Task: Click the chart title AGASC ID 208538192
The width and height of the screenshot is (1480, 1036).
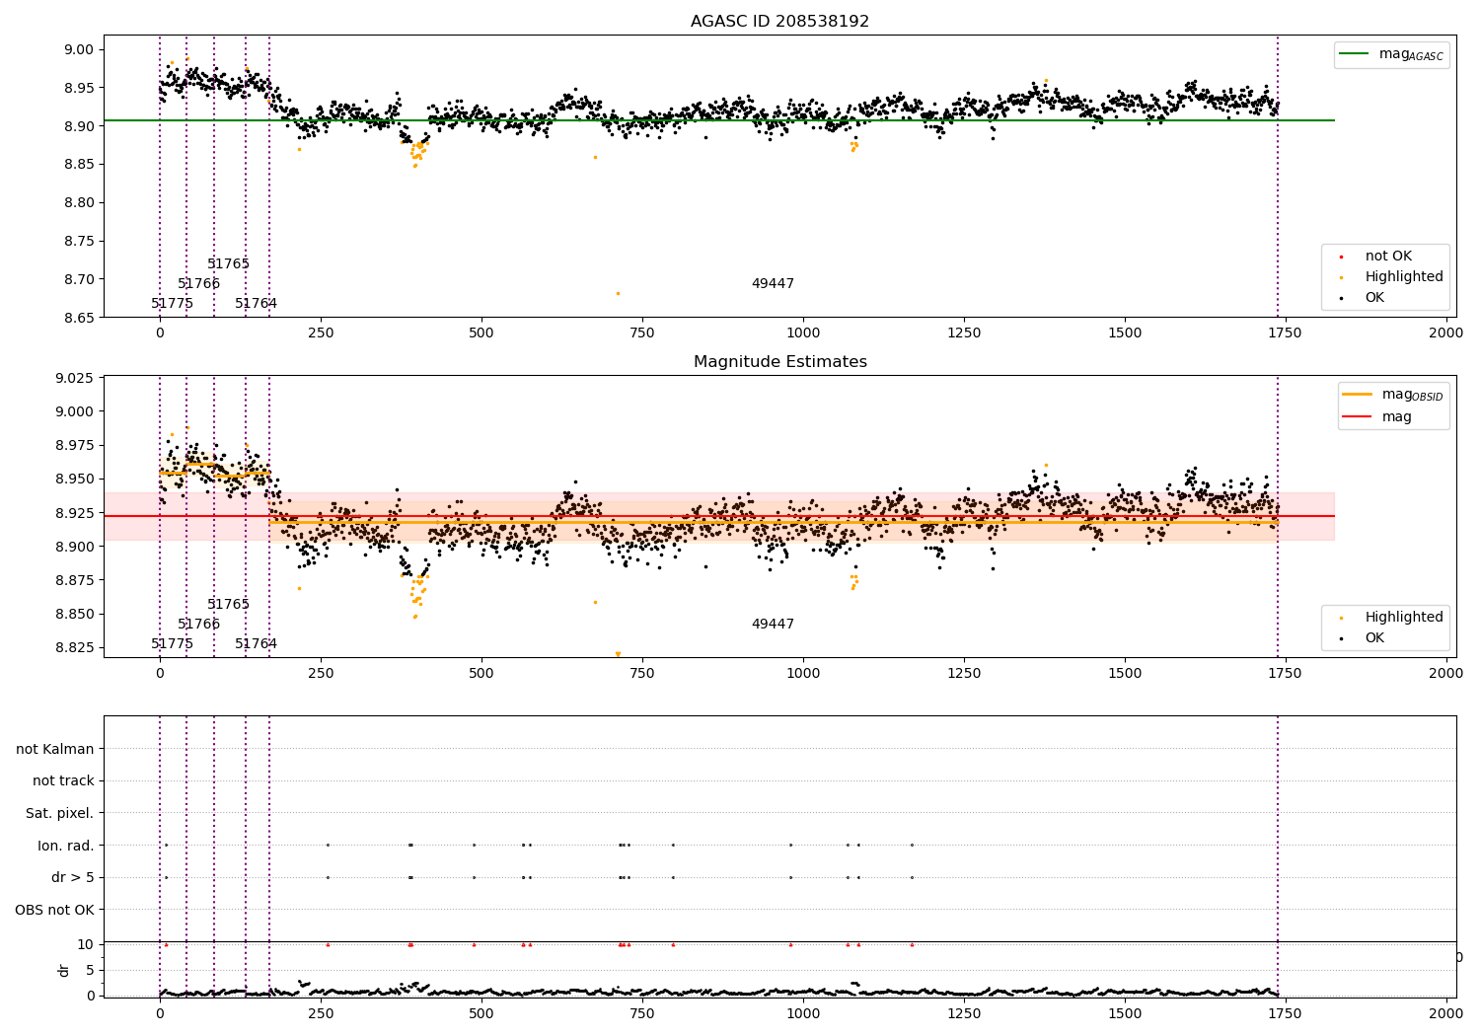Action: (x=779, y=22)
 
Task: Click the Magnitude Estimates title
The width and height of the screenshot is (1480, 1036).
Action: (x=779, y=362)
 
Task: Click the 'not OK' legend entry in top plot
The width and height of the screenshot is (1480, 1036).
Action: (x=1387, y=257)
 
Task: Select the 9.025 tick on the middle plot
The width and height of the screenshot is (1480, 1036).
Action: (x=73, y=378)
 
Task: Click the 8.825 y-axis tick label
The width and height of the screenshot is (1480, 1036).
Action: (x=73, y=647)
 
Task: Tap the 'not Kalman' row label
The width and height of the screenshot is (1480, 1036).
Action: (x=55, y=749)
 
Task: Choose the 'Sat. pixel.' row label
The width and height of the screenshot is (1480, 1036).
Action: (x=59, y=813)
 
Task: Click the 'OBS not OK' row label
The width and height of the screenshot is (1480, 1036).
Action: (x=54, y=910)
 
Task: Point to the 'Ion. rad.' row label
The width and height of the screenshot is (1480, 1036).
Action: (x=65, y=846)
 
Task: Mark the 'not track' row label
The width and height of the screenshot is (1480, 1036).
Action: (x=63, y=780)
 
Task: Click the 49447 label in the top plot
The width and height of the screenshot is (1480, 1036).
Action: (x=773, y=284)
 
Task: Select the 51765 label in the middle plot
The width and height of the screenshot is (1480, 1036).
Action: (x=228, y=605)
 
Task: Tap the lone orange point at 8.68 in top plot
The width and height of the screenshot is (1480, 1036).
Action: (x=618, y=293)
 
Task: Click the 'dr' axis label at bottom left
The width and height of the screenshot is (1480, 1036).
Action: (x=64, y=970)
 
